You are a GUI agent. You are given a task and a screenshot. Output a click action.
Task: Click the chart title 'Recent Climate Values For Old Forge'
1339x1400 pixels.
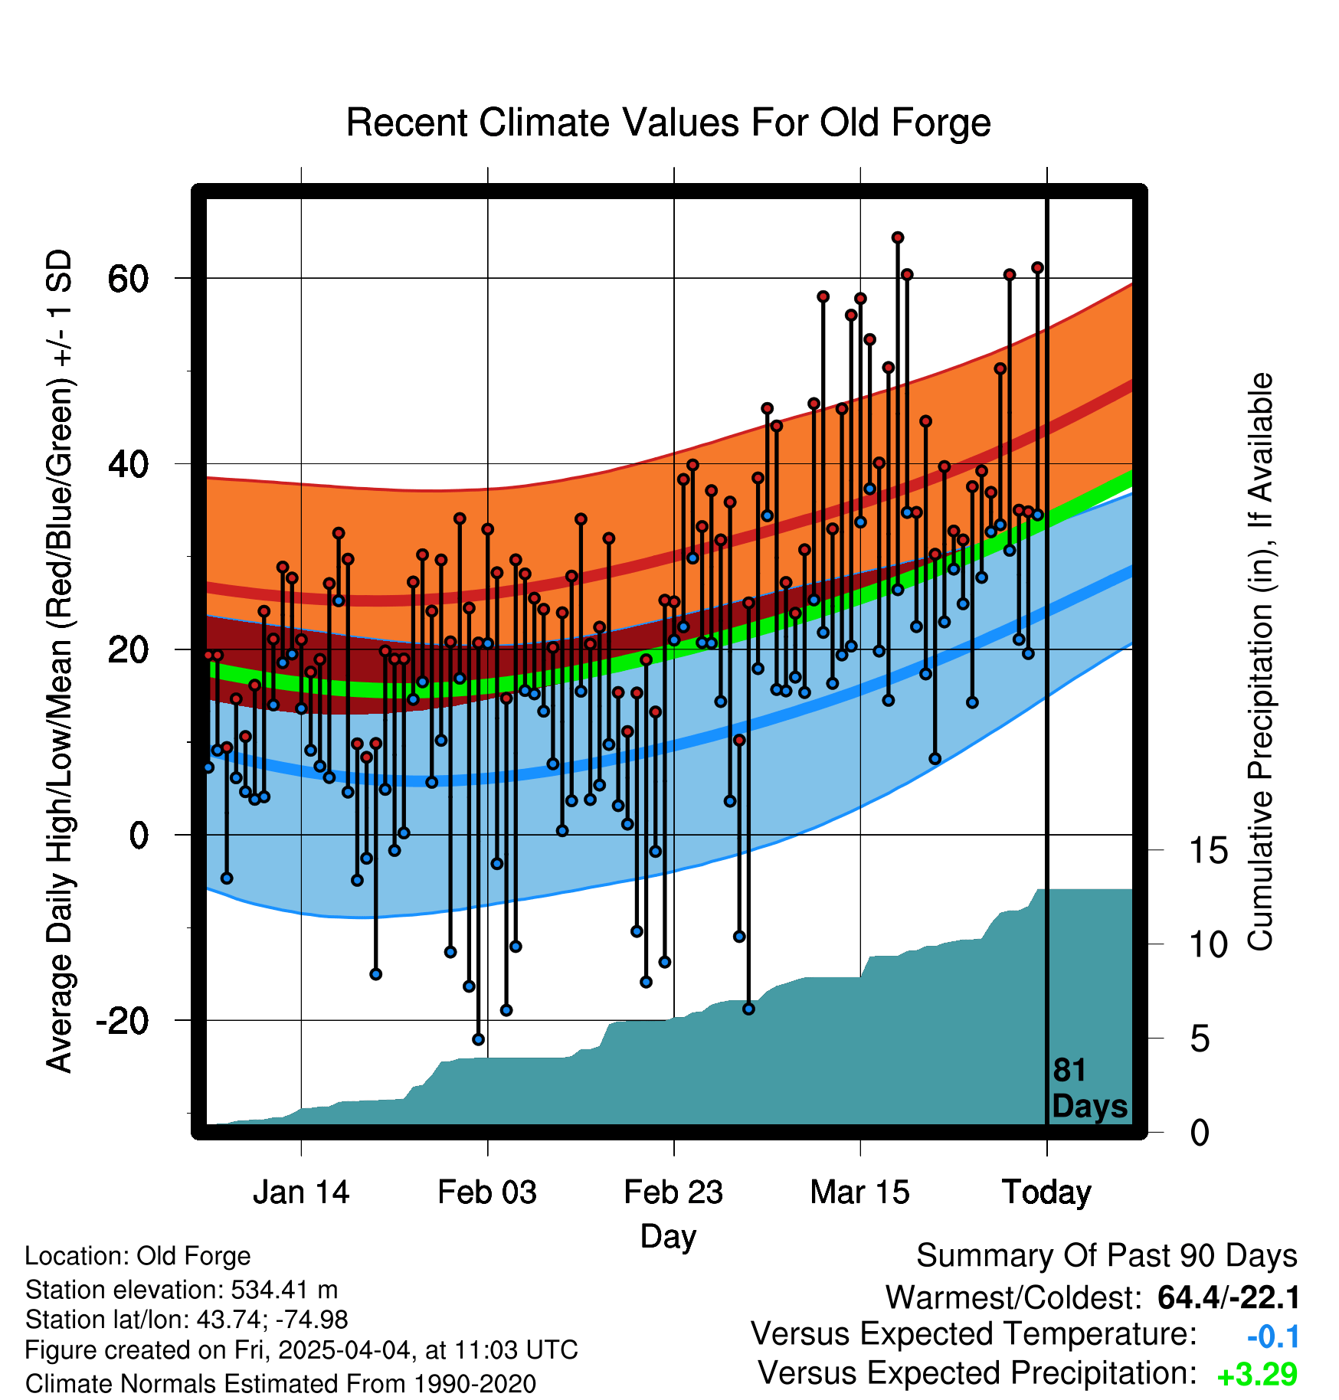pos(669,123)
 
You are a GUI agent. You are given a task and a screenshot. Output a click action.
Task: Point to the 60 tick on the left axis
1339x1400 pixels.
pos(128,279)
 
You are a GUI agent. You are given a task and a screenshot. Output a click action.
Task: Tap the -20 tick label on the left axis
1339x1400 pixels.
pos(123,1021)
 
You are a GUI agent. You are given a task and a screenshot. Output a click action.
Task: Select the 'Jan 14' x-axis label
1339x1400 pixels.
pos(301,1192)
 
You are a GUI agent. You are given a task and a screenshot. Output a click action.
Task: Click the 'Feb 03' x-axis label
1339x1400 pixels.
pos(487,1192)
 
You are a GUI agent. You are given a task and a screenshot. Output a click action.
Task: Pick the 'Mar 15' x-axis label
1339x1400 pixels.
pos(860,1192)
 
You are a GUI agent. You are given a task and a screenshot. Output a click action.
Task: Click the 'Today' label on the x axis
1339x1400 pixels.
pos(1047,1193)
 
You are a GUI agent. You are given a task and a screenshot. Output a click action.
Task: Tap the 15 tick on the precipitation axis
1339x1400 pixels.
pos(1209,851)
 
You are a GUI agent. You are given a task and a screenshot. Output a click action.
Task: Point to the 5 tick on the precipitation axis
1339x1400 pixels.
pos(1200,1039)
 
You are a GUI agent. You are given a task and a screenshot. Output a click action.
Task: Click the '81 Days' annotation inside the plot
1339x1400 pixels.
pos(1089,1088)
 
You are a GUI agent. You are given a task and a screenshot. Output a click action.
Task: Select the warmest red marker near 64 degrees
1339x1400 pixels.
pos(898,237)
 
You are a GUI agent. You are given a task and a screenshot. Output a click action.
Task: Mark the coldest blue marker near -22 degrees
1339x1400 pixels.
pos(479,1039)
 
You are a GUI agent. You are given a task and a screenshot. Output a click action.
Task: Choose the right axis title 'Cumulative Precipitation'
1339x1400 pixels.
pos(1260,662)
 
